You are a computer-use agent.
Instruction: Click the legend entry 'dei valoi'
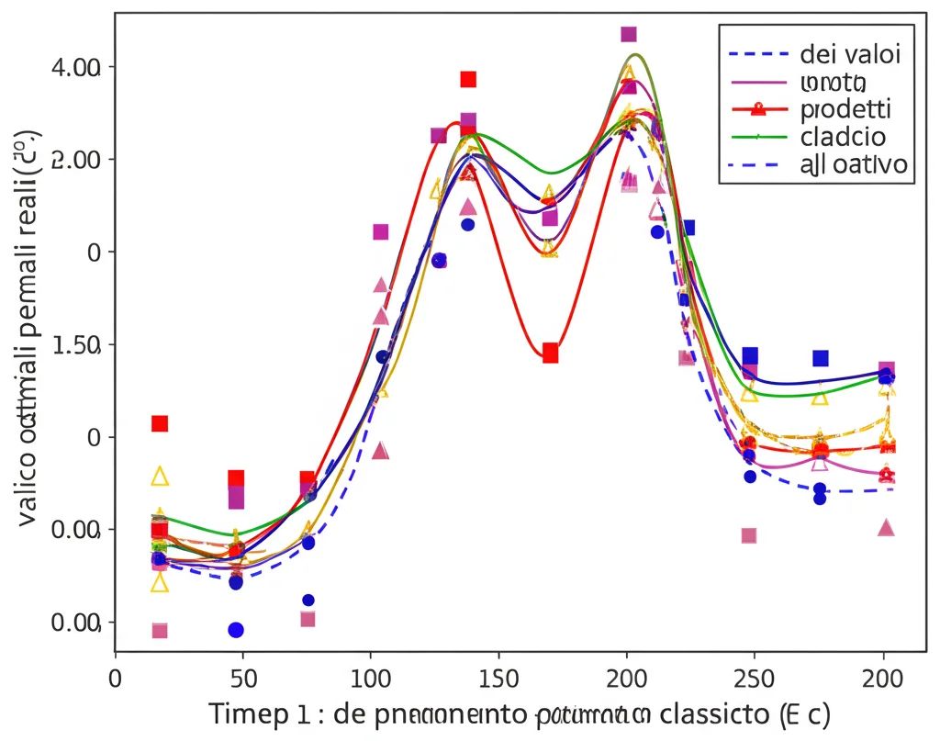click(849, 53)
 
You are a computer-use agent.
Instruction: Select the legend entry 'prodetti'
click(845, 109)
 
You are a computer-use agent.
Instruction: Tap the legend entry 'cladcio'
click(842, 137)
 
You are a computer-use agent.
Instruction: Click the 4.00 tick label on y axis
click(78, 67)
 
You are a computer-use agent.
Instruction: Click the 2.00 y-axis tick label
click(78, 159)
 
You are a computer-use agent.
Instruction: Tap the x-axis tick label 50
click(241, 679)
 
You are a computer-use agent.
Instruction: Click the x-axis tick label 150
click(498, 679)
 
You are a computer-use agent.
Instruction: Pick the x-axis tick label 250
click(755, 679)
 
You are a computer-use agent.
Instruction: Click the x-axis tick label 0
click(115, 679)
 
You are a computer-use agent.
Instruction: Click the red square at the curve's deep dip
click(550, 353)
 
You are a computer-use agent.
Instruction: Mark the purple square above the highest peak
click(629, 34)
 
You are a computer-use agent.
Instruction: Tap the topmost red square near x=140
click(468, 79)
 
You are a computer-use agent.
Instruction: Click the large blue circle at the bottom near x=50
click(236, 630)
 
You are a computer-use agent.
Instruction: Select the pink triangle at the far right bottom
click(886, 527)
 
